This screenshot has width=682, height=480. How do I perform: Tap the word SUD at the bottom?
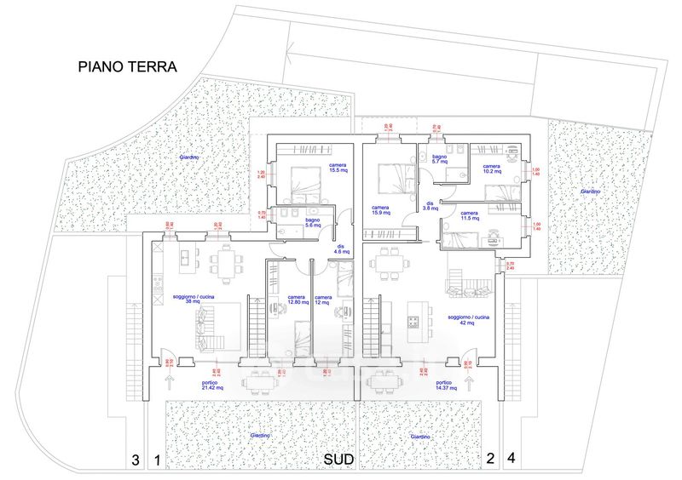[x=338, y=460]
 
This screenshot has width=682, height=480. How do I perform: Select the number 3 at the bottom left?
[x=135, y=460]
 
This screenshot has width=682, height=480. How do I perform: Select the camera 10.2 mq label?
[x=492, y=169]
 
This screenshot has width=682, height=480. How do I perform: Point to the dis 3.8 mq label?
[x=431, y=207]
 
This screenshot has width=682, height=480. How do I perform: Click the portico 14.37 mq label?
[x=444, y=386]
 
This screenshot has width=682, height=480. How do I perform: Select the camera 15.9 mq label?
[x=380, y=209]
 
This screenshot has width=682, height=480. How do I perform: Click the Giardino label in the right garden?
[x=590, y=191]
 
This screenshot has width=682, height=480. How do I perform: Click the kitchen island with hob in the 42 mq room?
[x=414, y=316]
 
